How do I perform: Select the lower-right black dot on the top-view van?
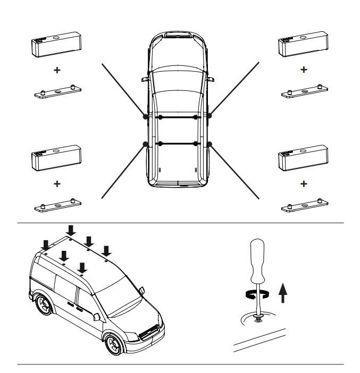[x=210, y=143]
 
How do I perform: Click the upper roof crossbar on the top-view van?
[x=178, y=116]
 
